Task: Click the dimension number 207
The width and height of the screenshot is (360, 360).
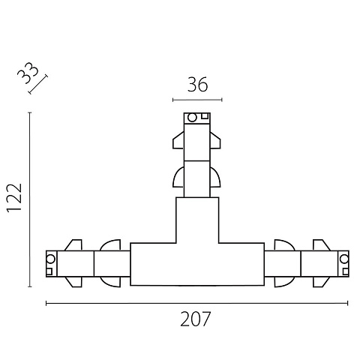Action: (x=196, y=319)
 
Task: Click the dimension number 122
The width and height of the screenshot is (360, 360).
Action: (x=14, y=198)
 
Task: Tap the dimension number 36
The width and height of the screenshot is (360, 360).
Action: (x=197, y=84)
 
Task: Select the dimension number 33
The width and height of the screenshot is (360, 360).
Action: (x=28, y=73)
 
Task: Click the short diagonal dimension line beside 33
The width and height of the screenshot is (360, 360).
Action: (x=37, y=84)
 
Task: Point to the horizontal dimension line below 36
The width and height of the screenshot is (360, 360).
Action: (x=197, y=100)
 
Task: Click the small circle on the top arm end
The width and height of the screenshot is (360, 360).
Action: (x=192, y=118)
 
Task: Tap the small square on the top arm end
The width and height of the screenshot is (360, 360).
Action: (x=205, y=115)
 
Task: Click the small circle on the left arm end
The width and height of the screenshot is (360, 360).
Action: (x=51, y=259)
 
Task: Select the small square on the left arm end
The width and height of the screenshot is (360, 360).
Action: (x=49, y=271)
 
